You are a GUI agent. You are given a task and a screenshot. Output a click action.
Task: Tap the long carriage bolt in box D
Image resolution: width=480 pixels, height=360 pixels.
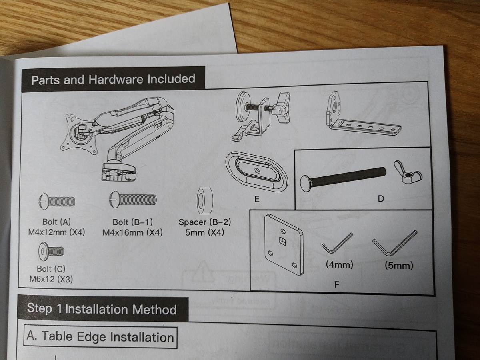click(x=343, y=179)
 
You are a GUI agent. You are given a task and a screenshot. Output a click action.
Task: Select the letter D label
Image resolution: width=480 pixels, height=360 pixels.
click(x=381, y=199)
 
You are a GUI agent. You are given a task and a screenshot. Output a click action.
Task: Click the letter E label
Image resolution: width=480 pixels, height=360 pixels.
click(x=257, y=199)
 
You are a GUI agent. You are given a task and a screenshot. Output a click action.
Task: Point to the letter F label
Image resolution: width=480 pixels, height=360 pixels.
click(x=337, y=284)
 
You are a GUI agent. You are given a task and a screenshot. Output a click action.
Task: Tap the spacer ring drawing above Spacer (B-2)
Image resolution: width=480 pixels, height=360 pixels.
click(x=205, y=201)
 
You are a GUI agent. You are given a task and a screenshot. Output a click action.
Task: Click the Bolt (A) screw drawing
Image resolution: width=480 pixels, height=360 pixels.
click(x=57, y=202)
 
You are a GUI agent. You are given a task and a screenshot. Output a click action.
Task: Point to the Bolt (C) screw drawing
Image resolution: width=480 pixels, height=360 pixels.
click(x=51, y=251)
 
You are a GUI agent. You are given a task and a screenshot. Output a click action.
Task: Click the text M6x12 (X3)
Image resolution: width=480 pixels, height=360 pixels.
click(x=51, y=279)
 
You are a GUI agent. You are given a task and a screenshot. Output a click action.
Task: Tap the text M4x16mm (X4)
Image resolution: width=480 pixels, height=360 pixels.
click(x=132, y=232)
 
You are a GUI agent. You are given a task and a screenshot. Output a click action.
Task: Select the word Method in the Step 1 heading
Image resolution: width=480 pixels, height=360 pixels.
click(x=154, y=310)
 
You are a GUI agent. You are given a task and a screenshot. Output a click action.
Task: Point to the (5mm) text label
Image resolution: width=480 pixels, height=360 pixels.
click(x=399, y=266)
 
